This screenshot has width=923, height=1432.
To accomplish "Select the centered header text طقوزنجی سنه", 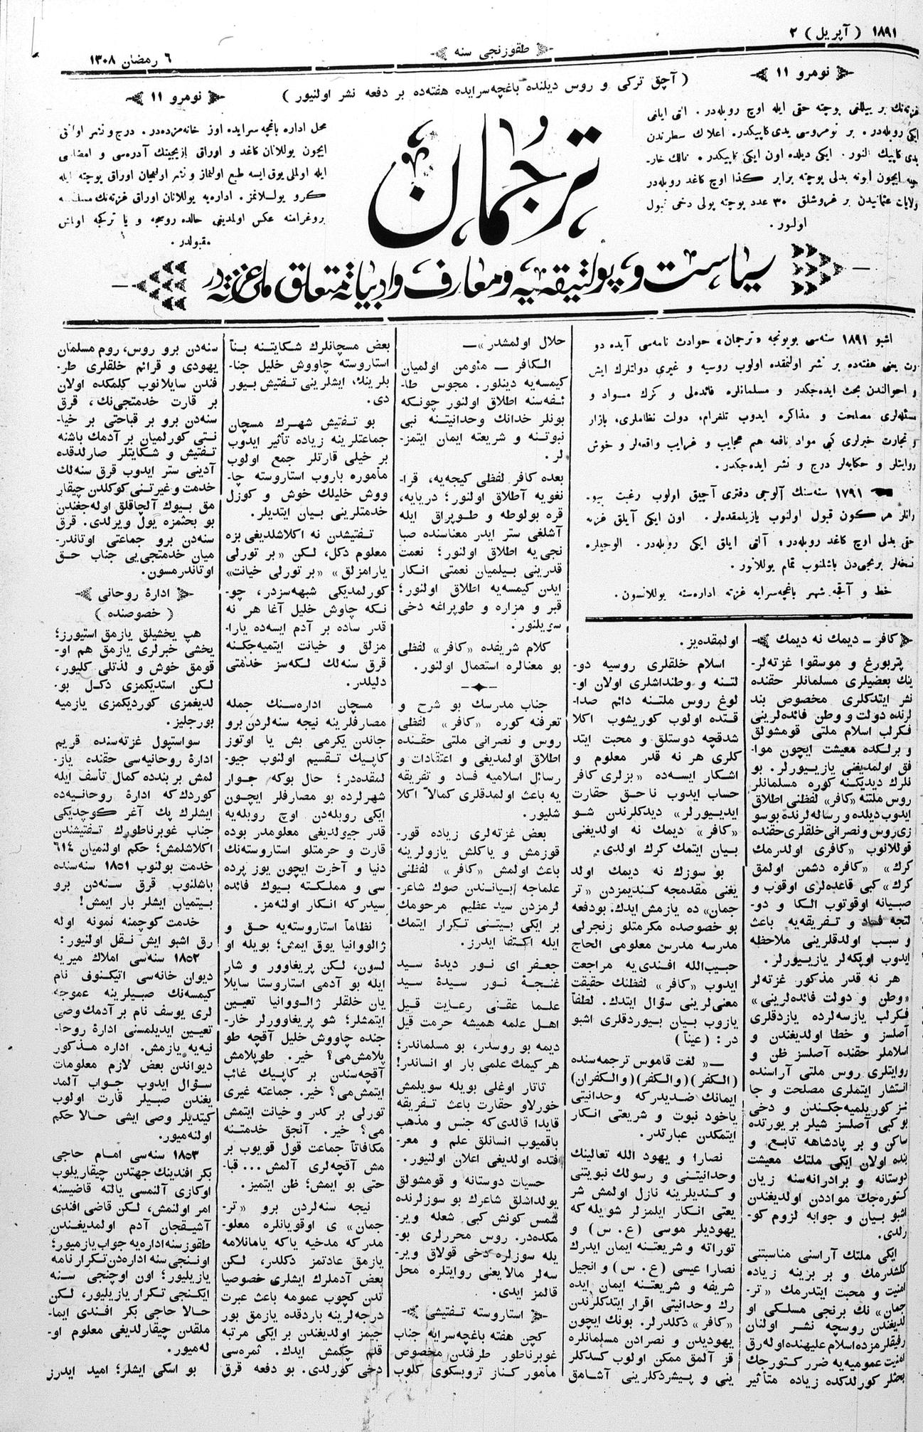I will point(462,51).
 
